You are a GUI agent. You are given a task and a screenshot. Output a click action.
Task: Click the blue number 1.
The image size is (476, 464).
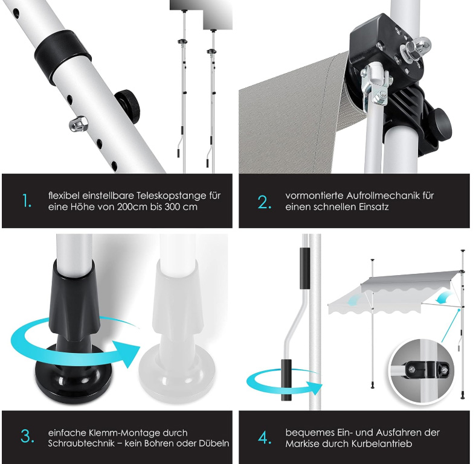pyautogui.click(x=27, y=201)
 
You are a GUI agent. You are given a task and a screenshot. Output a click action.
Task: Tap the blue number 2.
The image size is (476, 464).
pyautogui.click(x=264, y=202)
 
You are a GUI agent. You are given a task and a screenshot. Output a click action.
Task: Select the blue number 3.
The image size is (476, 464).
pyautogui.click(x=27, y=437)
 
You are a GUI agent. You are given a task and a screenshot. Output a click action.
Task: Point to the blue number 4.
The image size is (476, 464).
pyautogui.click(x=265, y=437)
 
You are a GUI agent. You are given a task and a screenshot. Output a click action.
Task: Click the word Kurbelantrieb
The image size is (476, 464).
pyautogui.click(x=382, y=444)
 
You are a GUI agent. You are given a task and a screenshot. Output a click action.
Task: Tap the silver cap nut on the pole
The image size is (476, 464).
pyautogui.click(x=79, y=124)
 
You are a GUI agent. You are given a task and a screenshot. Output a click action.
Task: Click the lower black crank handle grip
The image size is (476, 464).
pyautogui.click(x=286, y=380)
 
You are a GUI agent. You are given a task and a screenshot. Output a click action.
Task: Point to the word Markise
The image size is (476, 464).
pyautogui.click(x=301, y=444)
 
